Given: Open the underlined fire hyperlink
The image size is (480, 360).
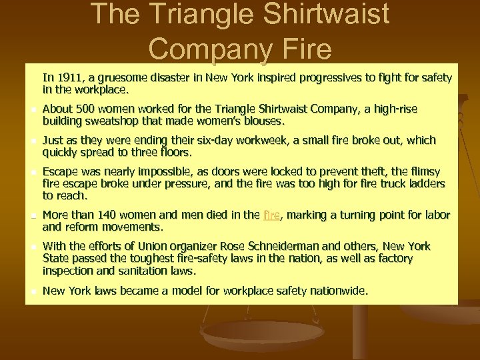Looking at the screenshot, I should point(271,215).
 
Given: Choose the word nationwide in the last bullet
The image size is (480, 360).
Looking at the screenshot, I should point(337,291).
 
